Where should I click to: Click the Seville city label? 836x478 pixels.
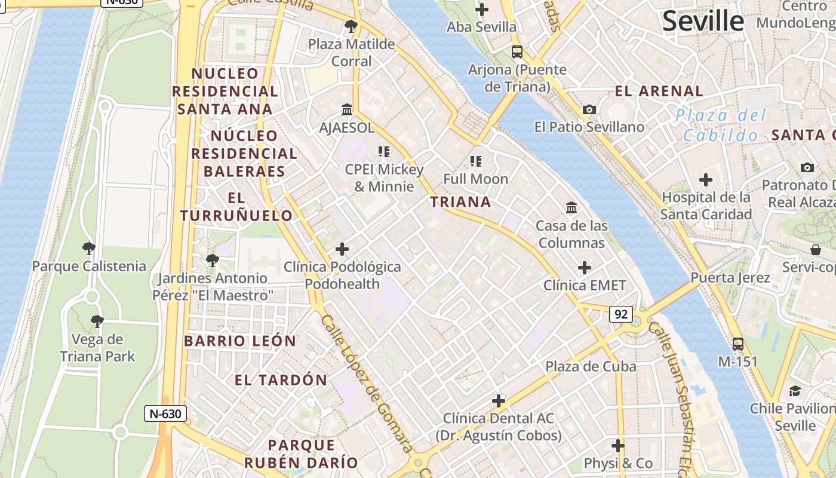[703, 22]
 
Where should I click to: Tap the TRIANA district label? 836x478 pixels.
[460, 202]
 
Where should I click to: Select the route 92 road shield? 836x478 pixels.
[621, 314]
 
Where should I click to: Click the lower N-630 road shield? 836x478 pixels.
[165, 413]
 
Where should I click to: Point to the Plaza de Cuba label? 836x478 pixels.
[591, 366]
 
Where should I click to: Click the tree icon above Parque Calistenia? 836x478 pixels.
[89, 248]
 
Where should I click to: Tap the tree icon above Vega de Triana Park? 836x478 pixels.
[97, 321]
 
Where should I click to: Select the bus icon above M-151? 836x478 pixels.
[738, 344]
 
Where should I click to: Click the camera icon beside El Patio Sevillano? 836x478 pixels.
[589, 109]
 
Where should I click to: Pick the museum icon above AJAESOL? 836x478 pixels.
[347, 109]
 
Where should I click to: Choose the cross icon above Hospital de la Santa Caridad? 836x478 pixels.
[706, 179]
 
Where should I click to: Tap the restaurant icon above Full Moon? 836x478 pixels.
[475, 161]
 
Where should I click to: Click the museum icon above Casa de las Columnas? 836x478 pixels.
[571, 208]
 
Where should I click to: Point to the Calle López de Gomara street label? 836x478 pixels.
[367, 383]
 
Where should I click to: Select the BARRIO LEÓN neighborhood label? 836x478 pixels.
[240, 341]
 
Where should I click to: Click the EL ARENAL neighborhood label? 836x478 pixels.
[659, 91]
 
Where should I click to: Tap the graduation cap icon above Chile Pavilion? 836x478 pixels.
[795, 391]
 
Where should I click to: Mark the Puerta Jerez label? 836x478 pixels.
[730, 277]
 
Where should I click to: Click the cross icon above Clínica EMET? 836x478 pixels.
[585, 268]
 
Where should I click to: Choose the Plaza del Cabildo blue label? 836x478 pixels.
[721, 125]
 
